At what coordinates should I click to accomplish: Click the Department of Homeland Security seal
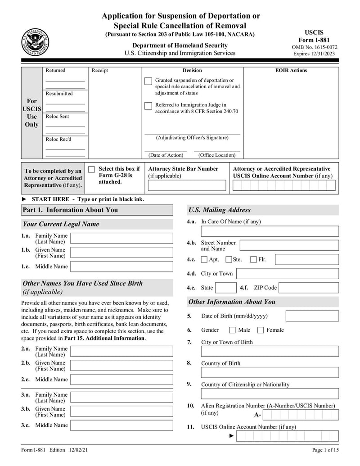click(35, 42)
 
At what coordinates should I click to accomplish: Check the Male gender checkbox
click(232, 330)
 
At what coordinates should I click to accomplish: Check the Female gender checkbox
click(261, 330)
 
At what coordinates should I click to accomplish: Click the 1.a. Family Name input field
click(121, 238)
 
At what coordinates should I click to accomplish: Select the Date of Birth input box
click(312, 316)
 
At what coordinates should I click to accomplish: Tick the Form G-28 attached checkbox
click(92, 169)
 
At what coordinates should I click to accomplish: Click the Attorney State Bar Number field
click(187, 185)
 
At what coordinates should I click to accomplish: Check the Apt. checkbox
click(204, 259)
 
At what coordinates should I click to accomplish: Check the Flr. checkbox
click(253, 259)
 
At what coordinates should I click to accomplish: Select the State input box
click(225, 288)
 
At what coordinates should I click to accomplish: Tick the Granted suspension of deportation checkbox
click(148, 81)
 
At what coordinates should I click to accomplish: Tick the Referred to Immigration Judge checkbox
click(148, 106)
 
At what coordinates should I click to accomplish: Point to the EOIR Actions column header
click(291, 70)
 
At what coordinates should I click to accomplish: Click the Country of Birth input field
click(270, 372)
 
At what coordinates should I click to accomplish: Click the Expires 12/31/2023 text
click(315, 54)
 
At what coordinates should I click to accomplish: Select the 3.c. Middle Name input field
click(121, 425)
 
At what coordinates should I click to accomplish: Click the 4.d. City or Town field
click(287, 274)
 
